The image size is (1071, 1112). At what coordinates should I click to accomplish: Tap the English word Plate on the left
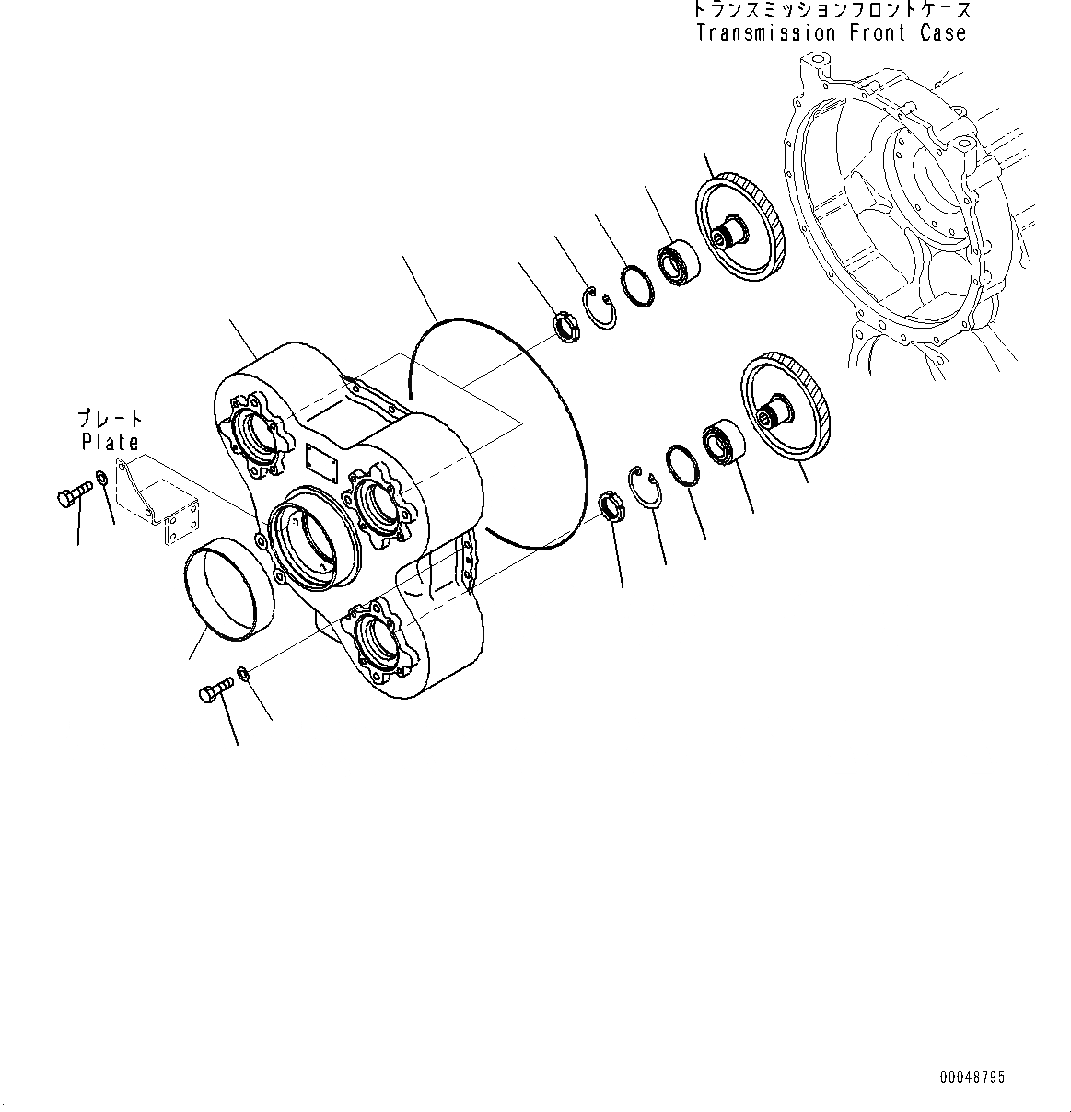111,442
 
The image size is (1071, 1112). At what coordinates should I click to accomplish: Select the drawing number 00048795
972,1077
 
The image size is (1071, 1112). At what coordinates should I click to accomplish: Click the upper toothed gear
739,226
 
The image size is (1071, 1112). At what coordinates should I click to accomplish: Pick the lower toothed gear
786,406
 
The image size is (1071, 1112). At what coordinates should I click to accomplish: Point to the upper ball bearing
678,263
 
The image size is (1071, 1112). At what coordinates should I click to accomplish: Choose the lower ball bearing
723,442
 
